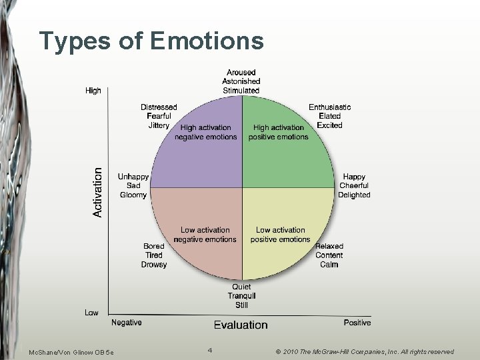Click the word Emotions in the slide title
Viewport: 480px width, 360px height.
coord(207,41)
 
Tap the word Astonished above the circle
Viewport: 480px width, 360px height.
coord(241,81)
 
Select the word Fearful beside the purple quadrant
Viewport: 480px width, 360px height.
coord(159,116)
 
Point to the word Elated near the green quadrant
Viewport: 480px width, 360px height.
coord(329,116)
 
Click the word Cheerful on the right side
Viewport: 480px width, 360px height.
coord(353,185)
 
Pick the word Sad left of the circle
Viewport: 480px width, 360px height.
coord(133,185)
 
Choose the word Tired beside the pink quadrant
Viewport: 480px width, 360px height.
coord(154,255)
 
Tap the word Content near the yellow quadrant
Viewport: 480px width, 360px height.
coord(329,255)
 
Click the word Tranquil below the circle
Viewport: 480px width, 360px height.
coord(241,296)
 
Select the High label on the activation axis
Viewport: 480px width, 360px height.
coord(93,91)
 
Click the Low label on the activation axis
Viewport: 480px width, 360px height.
coord(92,313)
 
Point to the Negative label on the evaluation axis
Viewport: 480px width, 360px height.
coord(127,323)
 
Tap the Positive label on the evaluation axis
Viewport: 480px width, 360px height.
coord(357,323)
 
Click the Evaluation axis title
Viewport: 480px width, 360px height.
coord(241,325)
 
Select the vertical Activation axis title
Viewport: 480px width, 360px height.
coord(98,192)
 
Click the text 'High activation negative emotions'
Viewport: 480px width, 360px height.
coord(205,132)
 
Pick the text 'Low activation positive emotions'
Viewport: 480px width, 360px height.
coord(280,235)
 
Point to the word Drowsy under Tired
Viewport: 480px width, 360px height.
coord(154,265)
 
